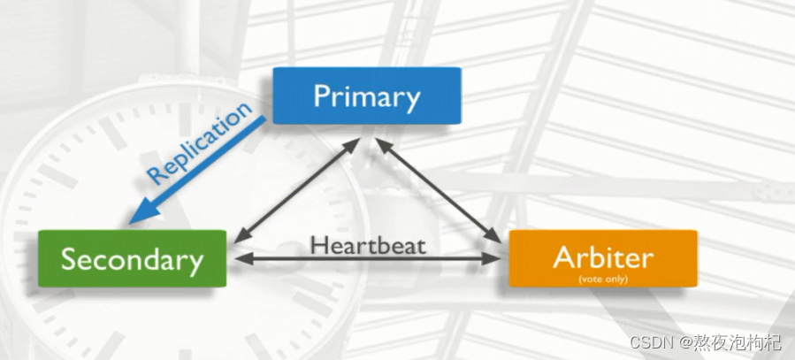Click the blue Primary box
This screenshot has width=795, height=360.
tap(366, 95)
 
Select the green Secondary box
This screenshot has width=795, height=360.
tap(132, 259)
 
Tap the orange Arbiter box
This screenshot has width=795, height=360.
tap(602, 258)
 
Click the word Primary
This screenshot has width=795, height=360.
tap(366, 96)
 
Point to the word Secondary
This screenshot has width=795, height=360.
tap(132, 259)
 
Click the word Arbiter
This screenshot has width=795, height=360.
tap(602, 255)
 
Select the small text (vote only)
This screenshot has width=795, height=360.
tap(602, 278)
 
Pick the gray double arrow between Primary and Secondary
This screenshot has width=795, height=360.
tap(295, 188)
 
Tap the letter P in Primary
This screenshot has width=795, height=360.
tap(322, 96)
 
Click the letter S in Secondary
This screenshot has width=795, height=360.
tap(69, 259)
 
